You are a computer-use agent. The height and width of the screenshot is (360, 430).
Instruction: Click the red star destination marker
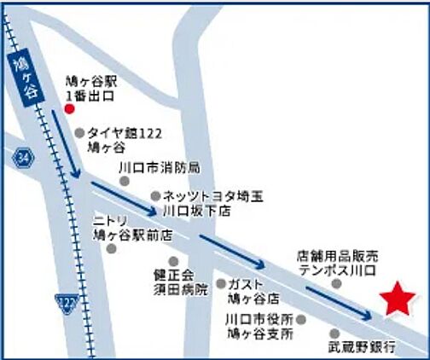point(398,299)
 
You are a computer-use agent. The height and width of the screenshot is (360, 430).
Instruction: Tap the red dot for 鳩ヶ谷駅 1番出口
point(70,109)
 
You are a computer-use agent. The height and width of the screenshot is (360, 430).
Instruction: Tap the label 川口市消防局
point(160,166)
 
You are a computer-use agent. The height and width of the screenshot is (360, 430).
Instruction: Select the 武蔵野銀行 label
point(360,348)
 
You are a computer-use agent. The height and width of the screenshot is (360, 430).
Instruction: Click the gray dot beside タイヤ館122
point(79,133)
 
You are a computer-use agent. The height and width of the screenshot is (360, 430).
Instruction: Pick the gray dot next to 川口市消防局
point(125,180)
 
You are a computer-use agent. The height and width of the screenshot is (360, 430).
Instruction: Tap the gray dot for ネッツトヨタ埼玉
point(154,195)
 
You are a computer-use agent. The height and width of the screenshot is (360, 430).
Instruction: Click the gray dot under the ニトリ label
point(111,248)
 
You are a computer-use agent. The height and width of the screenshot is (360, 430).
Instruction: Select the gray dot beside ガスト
point(221,283)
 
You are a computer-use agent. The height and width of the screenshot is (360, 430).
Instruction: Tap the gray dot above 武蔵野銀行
point(334,334)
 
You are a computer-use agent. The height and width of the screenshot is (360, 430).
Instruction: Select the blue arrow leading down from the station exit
point(64,145)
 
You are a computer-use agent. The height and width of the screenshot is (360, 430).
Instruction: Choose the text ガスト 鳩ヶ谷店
point(255,291)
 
